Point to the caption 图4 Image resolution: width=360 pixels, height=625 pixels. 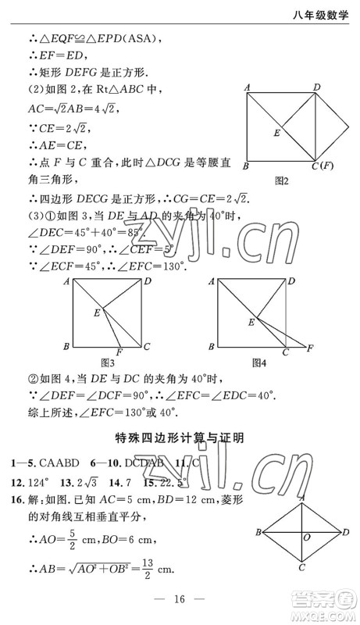(259, 362)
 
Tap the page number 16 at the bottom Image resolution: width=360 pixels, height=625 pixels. (179, 600)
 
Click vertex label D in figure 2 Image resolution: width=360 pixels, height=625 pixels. (317, 87)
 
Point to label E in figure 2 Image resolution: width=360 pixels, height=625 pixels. (276, 134)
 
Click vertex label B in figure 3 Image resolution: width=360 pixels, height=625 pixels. (67, 346)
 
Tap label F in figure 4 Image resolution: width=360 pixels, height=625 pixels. (311, 346)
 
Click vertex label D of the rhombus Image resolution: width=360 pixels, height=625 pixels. (345, 532)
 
